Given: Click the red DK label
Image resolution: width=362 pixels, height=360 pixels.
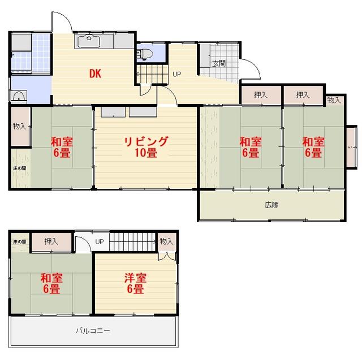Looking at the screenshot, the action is pos(95,74).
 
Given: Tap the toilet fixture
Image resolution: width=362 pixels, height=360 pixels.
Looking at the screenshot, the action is pos(145,54).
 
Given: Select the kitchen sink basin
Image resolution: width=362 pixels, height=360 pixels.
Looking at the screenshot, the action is pos(89,42).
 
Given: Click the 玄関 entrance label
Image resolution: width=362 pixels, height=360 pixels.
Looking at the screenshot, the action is pos(219,63).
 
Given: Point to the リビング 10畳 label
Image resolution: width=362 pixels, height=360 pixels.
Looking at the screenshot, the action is pos(146,147).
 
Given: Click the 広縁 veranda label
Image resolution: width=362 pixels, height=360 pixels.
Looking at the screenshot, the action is pos(271,205).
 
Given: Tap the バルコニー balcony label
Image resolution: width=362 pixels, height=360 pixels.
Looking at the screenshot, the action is pos(93,331).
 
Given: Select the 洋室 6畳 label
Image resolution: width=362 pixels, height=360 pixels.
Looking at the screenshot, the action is pos(136,284).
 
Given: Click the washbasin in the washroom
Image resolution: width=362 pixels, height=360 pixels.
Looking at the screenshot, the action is pos(19,97).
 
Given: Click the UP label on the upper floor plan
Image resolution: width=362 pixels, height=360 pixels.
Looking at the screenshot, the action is pos(100,242).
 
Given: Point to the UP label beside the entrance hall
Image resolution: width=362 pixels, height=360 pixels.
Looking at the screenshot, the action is pos(177,74).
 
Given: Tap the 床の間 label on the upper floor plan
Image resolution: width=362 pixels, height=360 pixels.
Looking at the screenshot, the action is pos(19,242).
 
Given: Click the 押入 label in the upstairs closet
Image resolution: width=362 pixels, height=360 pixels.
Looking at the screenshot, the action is pos(51,241).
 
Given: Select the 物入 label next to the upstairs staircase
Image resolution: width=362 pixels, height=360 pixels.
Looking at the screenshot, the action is pos(166,241).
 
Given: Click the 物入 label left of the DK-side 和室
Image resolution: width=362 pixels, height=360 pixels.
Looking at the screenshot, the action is pos(19,126).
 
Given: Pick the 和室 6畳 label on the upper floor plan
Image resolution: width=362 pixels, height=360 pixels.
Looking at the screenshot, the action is pos(51,284).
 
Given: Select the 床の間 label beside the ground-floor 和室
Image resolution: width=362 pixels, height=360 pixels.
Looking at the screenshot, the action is pos(19,168).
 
